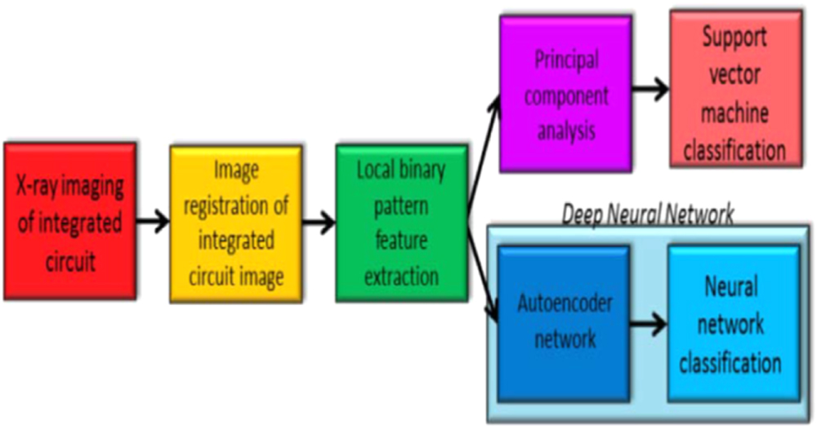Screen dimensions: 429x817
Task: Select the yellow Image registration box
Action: click(236, 224)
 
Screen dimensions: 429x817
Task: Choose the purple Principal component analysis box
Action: click(566, 95)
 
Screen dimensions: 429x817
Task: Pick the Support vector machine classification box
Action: click(735, 90)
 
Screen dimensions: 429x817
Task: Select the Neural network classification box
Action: click(730, 324)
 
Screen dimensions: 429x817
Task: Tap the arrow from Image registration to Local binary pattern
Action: click(319, 223)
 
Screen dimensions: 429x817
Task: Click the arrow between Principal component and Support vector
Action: click(650, 91)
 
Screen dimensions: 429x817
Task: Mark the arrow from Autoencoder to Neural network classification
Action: click(647, 325)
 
